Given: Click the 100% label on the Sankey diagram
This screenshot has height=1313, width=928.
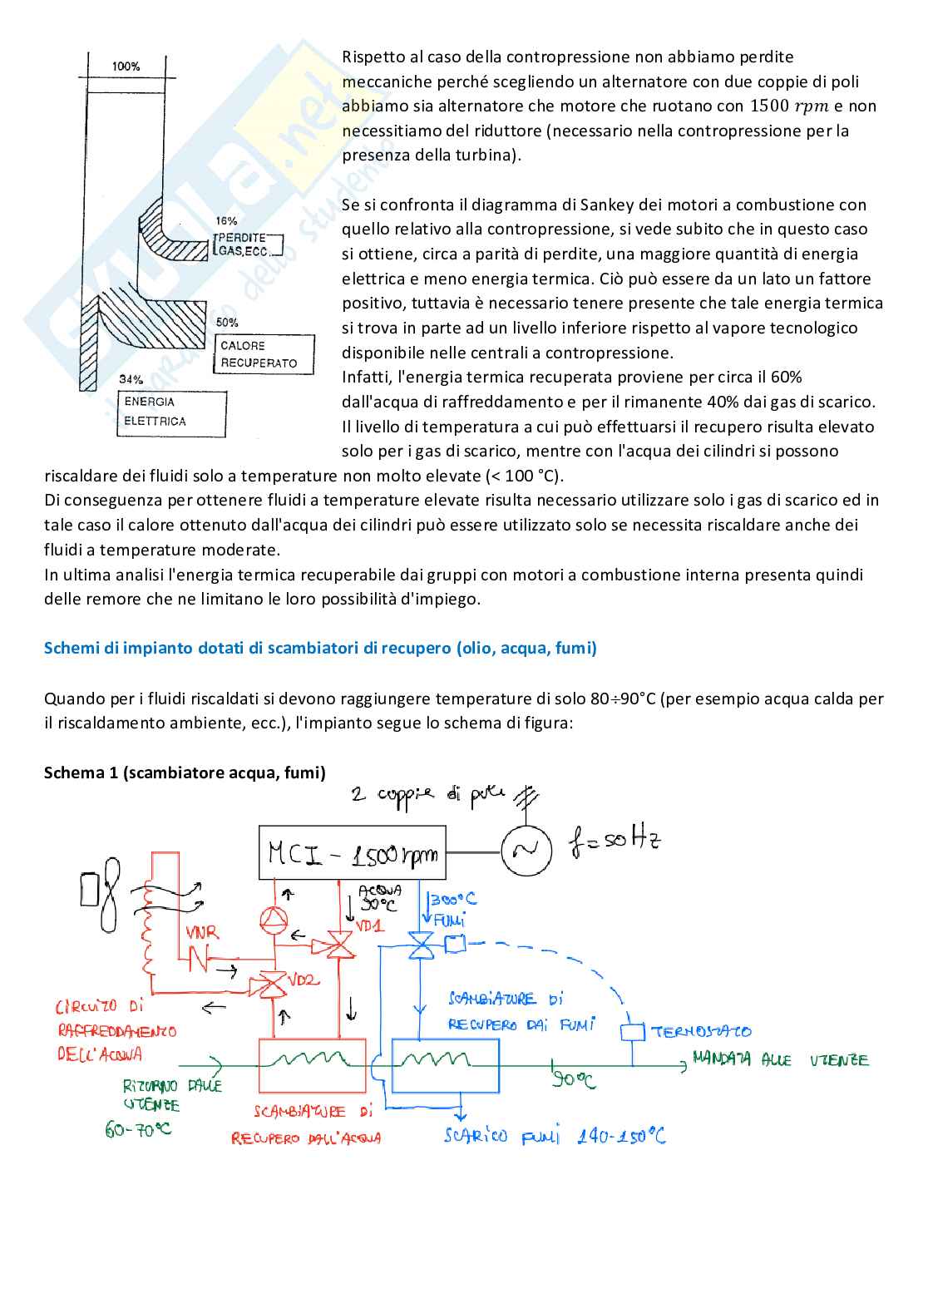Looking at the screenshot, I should pyautogui.click(x=126, y=67).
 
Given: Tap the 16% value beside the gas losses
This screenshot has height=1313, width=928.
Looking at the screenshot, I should pyautogui.click(x=226, y=221).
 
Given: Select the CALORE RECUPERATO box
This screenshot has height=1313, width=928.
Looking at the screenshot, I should pyautogui.click(x=265, y=354).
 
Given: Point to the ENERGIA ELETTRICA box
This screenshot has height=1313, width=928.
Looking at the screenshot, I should pyautogui.click(x=172, y=412).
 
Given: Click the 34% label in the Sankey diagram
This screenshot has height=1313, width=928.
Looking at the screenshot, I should pyautogui.click(x=131, y=379).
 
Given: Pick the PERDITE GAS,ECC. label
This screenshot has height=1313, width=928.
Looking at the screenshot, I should pyautogui.click(x=248, y=244).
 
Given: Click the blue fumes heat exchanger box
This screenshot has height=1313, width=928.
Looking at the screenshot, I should pyautogui.click(x=445, y=1064).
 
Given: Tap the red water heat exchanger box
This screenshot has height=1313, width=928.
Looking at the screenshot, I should pyautogui.click(x=312, y=1064).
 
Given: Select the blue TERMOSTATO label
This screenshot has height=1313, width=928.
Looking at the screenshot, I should pyautogui.click(x=701, y=1032).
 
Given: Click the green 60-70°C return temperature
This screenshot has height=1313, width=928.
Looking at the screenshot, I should pyautogui.click(x=137, y=1130).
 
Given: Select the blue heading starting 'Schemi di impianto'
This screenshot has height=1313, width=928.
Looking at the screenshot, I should pyautogui.click(x=320, y=648).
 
